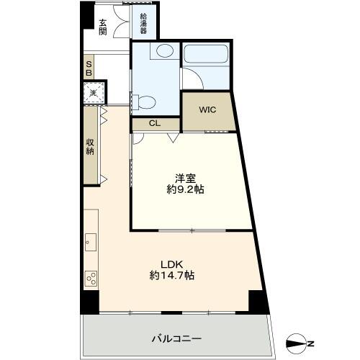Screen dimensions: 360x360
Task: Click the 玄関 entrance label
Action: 103,27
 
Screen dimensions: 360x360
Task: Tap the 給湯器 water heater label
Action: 143,24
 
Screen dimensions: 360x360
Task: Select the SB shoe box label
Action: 89,68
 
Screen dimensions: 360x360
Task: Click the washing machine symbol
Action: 94,93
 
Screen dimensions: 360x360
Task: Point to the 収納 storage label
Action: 90,147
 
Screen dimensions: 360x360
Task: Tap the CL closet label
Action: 155,123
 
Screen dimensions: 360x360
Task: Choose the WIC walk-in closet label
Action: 207,109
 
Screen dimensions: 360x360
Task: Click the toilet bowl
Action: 144,102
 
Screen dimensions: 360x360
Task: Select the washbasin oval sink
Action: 165,50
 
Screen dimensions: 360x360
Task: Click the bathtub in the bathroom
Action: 207,54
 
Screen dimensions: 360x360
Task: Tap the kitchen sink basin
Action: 91,242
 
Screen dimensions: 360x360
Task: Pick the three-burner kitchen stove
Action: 91,279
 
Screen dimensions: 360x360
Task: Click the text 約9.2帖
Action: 186,189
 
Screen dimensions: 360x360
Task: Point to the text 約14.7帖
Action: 172,275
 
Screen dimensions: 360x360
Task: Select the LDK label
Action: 172,264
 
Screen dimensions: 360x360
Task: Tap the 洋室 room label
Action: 185,179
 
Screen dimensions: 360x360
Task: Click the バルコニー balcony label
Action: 176,339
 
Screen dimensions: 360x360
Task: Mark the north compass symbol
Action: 296,343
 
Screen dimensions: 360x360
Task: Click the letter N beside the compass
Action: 311,343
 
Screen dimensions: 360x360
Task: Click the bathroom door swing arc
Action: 196,76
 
